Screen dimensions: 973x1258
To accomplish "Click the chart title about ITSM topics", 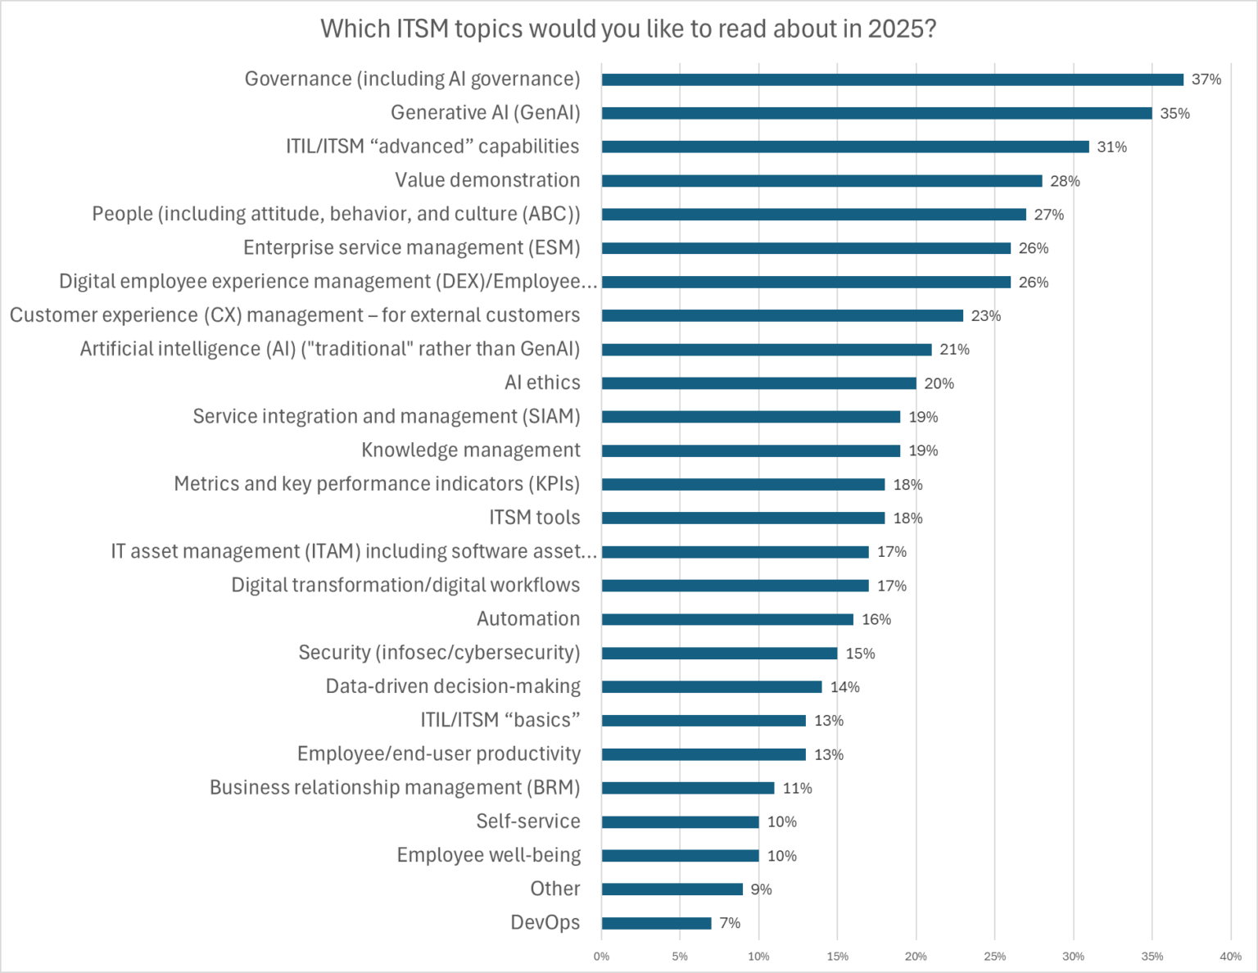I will coord(628,29).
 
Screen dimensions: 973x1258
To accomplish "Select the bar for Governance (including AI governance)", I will coord(892,79).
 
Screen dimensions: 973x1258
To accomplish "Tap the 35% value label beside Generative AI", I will coord(1174,113).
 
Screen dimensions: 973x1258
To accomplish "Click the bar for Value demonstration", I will coord(821,181).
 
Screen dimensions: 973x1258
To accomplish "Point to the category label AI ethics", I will coord(542,382).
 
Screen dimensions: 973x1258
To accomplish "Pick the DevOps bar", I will coord(656,923).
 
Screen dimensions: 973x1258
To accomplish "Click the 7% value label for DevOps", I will coord(730,923).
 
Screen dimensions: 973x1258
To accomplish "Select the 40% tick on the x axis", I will coord(1230,956).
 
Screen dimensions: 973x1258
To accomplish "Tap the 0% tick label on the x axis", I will coord(601,956).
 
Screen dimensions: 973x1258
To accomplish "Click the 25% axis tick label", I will coord(994,956).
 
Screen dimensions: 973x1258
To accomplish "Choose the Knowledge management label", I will coord(470,450).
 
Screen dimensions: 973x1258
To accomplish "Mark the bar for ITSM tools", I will coord(743,518).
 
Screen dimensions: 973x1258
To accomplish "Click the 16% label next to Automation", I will coord(876,619).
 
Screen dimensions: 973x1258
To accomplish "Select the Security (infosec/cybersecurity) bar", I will coord(719,653).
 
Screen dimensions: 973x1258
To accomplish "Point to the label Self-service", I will coord(528,821).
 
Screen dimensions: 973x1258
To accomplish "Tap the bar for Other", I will coord(672,889).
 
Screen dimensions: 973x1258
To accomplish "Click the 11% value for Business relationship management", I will coord(797,788).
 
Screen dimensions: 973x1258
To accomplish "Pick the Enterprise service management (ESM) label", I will coord(411,248).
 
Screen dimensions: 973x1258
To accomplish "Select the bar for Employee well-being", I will coord(680,855).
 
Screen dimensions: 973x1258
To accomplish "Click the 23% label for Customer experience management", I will coord(986,315).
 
